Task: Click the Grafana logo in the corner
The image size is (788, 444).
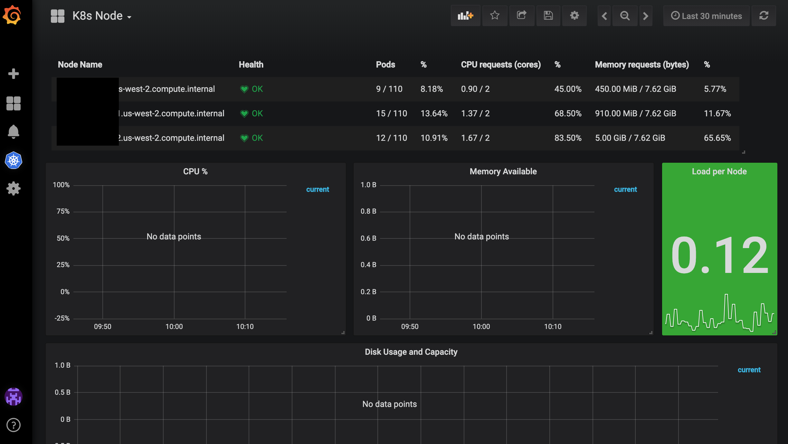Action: pos(12,15)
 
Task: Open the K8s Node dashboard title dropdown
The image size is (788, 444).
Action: pos(101,16)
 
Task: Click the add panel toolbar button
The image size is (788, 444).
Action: pos(465,16)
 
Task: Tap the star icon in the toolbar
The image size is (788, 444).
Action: pos(495,16)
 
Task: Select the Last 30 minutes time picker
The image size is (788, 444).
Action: pos(706,16)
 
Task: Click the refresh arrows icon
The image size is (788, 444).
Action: pos(764,16)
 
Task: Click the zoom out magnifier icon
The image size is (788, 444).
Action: pos(625,16)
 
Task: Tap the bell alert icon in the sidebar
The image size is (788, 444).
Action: pos(14,131)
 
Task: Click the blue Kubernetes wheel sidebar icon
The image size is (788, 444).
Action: pos(14,160)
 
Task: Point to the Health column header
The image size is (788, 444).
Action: pos(251,65)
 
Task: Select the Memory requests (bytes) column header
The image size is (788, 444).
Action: pos(642,65)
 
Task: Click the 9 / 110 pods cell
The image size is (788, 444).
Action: pos(389,89)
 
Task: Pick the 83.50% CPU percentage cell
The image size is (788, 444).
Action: pos(568,138)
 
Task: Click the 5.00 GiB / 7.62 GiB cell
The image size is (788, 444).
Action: pos(630,138)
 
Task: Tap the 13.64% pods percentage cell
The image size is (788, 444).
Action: pos(434,114)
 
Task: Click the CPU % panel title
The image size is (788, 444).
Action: pos(195,172)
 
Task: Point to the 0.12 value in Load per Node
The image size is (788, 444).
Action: pos(719,255)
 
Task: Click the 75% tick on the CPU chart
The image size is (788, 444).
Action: pos(63,211)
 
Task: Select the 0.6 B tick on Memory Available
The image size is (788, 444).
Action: pos(368,238)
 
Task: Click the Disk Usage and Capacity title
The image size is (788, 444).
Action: pos(411,352)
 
